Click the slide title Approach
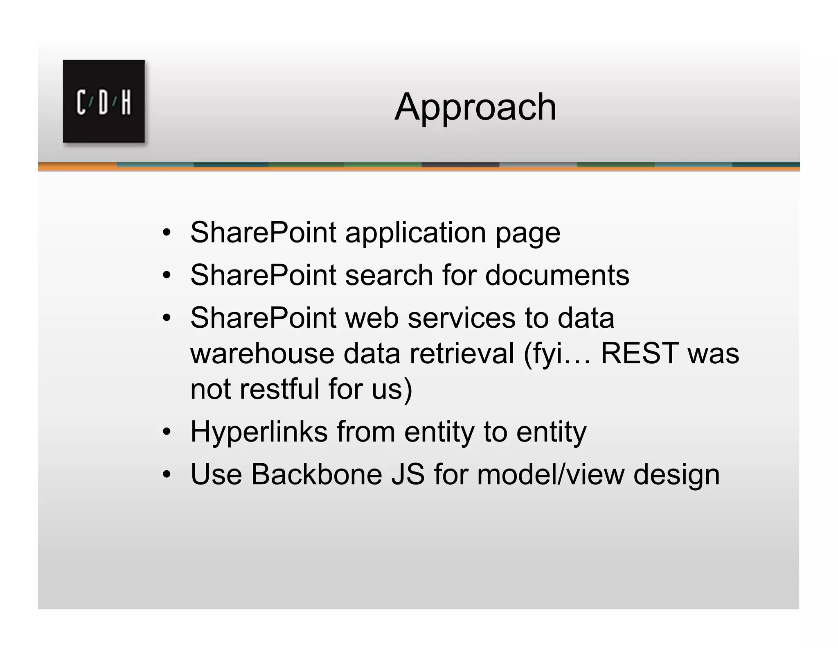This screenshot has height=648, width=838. click(x=475, y=107)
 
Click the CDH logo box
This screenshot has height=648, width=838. click(x=104, y=101)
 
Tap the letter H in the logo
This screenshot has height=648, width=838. click(x=126, y=102)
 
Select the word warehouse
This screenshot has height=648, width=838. click(x=262, y=353)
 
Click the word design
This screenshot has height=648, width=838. click(x=676, y=475)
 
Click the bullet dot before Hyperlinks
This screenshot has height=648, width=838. click(x=166, y=432)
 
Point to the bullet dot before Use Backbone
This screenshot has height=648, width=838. click(x=166, y=475)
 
